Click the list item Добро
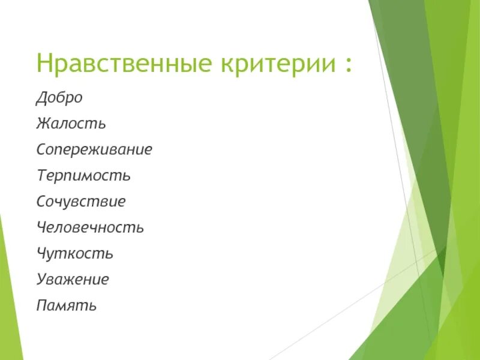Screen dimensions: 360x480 59,98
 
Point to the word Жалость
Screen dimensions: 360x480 71,124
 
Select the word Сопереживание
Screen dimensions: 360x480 94,150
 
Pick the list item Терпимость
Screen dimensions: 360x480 83,176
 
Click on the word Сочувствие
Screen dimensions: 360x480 81,202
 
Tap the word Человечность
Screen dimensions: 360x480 90,228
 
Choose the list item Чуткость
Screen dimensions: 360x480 74,254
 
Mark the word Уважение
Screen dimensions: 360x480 73,280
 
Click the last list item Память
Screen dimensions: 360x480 66,305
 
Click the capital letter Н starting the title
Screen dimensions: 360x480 44,63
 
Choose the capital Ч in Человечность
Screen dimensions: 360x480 41,228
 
